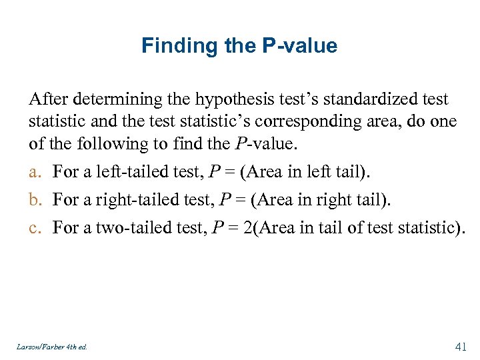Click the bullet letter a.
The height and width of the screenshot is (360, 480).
pos(33,172)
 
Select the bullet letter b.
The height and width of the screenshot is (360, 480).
pos(34,199)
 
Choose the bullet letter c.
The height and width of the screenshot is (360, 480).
pos(33,228)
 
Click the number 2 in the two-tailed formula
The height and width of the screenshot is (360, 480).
pos(248,228)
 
